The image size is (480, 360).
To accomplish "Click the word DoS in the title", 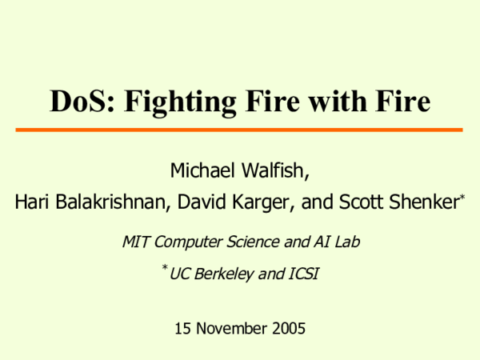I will pyautogui.click(x=80, y=103).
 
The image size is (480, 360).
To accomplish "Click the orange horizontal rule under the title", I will pyautogui.click(x=240, y=130).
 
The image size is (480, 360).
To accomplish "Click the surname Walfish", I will pyautogui.click(x=274, y=170).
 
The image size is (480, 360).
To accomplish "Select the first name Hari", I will pyautogui.click(x=31, y=203).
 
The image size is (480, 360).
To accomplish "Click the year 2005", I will pyautogui.click(x=288, y=327).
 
